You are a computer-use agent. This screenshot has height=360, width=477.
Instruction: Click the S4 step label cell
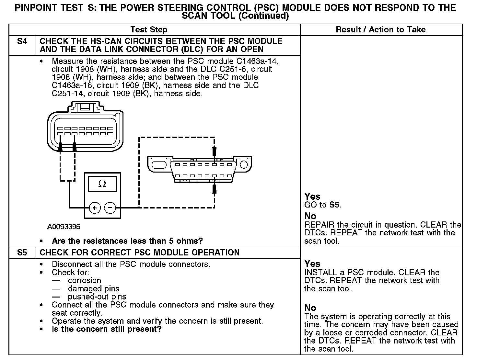tap(22, 42)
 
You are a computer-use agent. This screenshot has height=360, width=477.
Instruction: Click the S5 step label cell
tap(22, 253)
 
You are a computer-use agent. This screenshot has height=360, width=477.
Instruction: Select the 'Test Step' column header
tap(149, 30)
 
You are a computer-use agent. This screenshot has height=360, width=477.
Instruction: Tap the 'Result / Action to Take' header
tap(381, 30)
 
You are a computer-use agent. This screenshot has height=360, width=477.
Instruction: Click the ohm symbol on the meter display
tap(102, 184)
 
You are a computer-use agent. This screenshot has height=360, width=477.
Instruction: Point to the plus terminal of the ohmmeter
tap(95, 208)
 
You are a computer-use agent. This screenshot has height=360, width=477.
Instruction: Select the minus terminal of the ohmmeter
tap(110, 208)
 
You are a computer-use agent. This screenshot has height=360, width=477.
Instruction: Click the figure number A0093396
tap(64, 227)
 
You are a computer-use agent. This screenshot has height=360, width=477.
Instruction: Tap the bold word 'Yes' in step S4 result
tap(312, 197)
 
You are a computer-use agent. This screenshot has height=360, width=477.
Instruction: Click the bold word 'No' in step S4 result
tap(310, 216)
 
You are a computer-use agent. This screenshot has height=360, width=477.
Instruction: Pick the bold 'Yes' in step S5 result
tap(312, 264)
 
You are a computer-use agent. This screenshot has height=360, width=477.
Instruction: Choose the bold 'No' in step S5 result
tap(310, 308)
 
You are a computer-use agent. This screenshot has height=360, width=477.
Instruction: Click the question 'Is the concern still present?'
tap(107, 329)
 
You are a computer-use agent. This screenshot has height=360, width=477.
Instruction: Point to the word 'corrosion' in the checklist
tap(84, 280)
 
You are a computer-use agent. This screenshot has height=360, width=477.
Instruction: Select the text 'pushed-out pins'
tap(97, 297)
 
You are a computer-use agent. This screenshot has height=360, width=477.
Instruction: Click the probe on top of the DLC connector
tap(214, 152)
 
